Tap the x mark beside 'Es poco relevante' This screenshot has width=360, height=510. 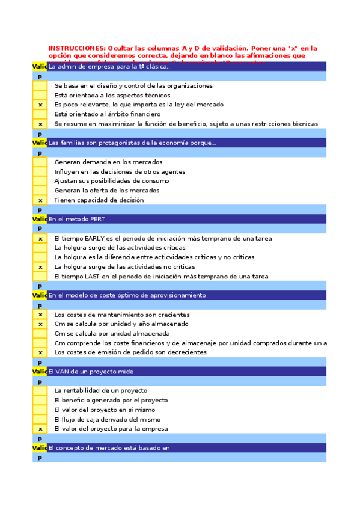[x=40, y=105]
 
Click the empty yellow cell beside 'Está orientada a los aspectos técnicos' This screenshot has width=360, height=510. [x=40, y=95]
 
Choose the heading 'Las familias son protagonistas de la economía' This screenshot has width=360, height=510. [x=132, y=143]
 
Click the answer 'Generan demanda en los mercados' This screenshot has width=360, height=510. [x=108, y=162]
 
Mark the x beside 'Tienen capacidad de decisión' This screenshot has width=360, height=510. [x=40, y=200]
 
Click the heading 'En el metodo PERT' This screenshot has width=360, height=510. [x=76, y=219]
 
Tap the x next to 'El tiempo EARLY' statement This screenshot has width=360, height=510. [x=40, y=238]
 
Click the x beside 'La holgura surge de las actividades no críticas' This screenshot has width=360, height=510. [x=40, y=267]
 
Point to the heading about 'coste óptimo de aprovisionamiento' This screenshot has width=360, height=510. [x=127, y=295]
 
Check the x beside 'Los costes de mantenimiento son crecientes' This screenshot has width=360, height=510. [x=40, y=315]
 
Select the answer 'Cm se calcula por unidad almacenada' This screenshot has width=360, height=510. [x=111, y=334]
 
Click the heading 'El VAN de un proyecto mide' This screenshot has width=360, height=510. [x=91, y=372]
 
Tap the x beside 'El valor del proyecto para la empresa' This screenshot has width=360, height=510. [x=40, y=429]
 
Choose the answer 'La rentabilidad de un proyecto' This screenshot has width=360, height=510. [x=100, y=390]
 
